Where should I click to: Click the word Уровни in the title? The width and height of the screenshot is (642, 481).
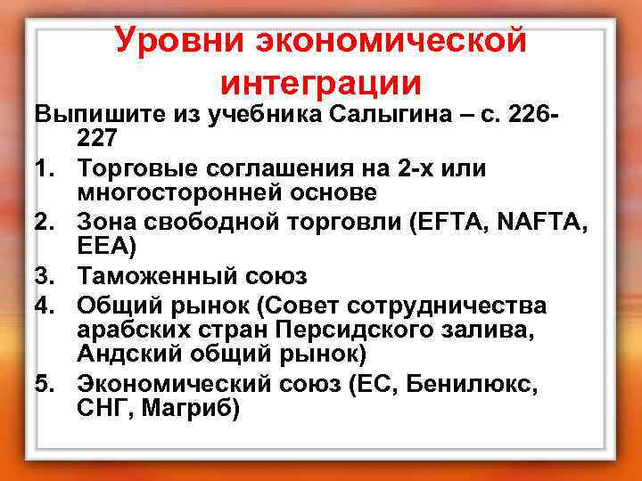click(178, 40)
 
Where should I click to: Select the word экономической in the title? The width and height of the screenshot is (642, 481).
click(391, 40)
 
